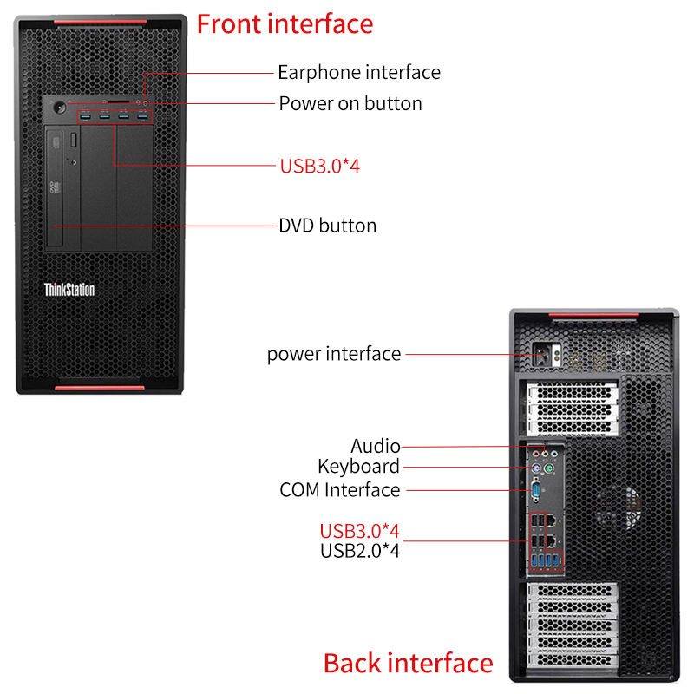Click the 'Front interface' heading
285,23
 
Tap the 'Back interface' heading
408,664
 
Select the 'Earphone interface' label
359,72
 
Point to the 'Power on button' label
350,103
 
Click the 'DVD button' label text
327,226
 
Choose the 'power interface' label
334,354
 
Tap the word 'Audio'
376,446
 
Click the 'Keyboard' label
358,467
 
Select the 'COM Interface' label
340,490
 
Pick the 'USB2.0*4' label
360,550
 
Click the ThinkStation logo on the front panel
69,290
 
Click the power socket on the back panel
547,354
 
